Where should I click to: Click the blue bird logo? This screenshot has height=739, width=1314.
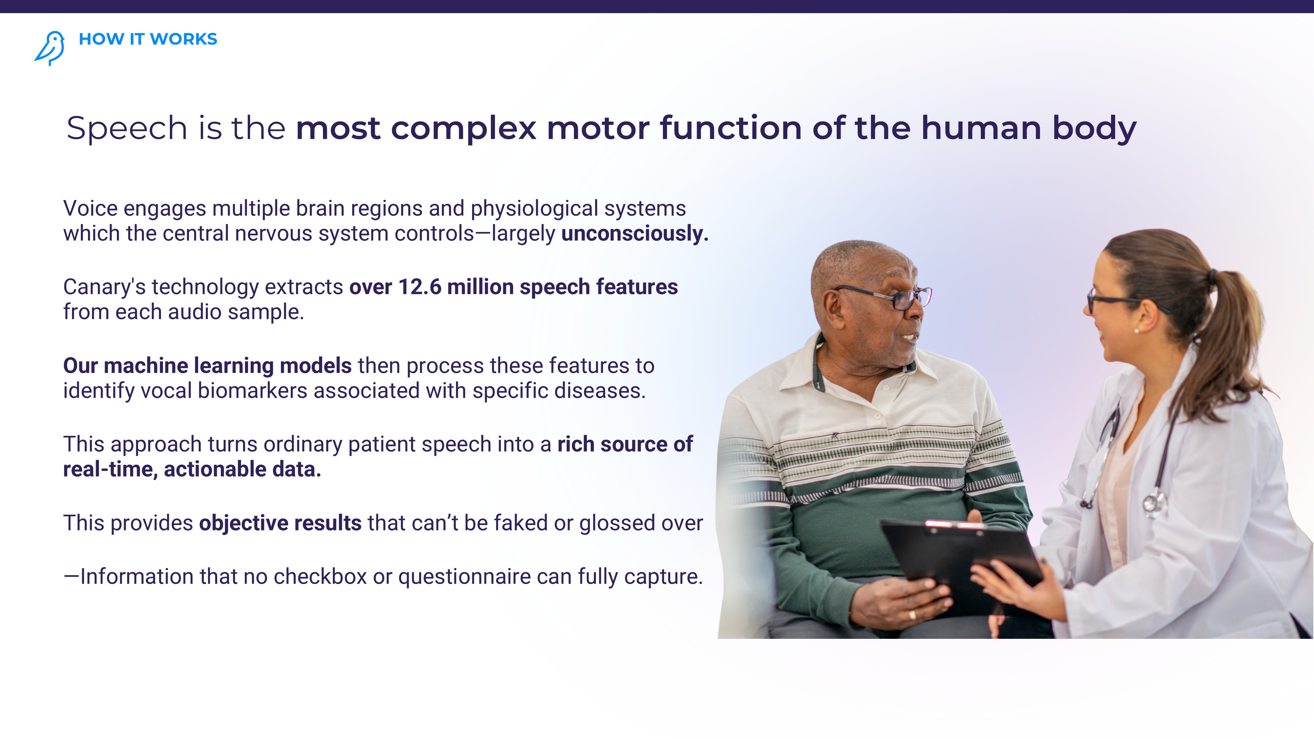(x=50, y=48)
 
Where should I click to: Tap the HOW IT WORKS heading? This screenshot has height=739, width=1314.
(x=148, y=39)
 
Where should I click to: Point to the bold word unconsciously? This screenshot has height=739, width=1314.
(x=635, y=234)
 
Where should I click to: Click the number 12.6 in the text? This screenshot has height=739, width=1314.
(x=420, y=287)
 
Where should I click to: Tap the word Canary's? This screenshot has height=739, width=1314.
(x=104, y=287)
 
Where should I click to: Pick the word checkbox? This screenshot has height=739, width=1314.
(x=320, y=577)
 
